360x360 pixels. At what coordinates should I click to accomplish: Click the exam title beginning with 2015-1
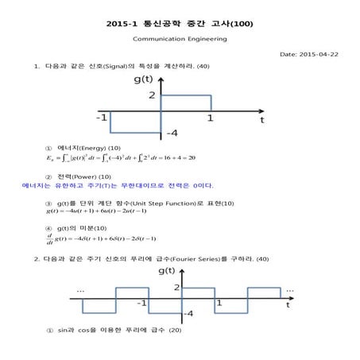tap(179, 23)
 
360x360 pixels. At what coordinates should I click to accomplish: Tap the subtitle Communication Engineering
tap(180, 38)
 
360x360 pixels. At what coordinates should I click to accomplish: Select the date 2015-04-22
tap(309, 54)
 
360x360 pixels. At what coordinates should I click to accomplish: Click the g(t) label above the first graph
tap(144, 79)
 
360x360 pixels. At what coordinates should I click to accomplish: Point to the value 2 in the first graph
tap(151, 96)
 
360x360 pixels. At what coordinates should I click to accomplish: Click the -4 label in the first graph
tap(172, 131)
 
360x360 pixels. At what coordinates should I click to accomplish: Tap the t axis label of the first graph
tap(261, 120)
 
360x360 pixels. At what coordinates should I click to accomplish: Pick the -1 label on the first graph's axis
tap(102, 118)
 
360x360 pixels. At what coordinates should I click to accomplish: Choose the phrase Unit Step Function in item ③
tap(161, 203)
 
